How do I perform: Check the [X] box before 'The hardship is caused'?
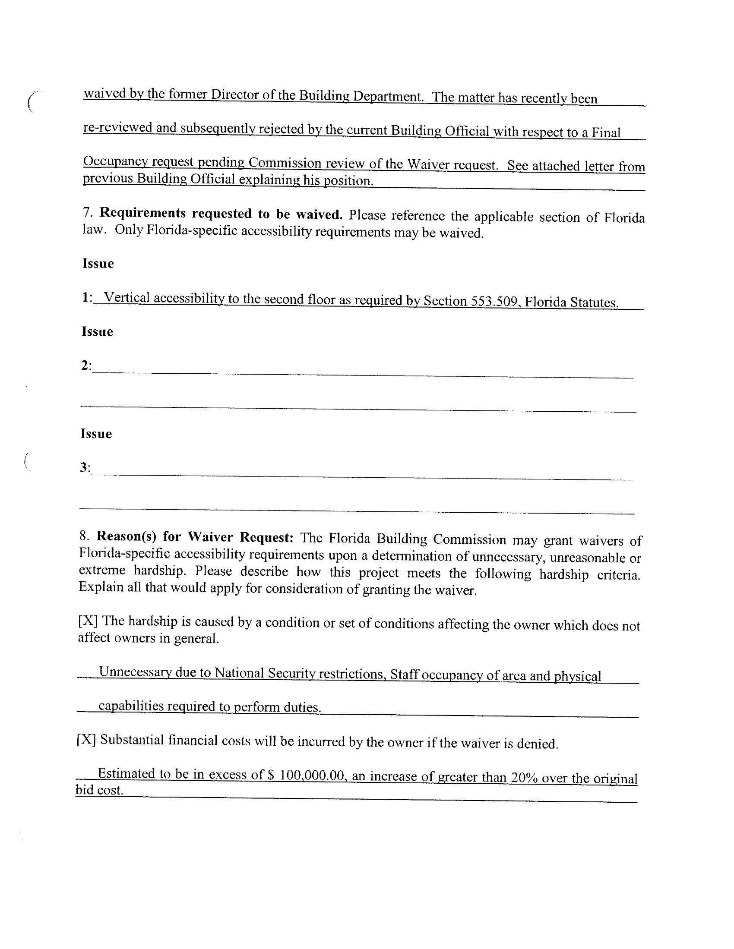click(88, 621)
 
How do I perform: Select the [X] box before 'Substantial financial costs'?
click(86, 740)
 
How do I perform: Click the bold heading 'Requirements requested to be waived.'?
click(221, 213)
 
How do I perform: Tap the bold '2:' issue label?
click(86, 366)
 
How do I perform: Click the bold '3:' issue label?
click(85, 467)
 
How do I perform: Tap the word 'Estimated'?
click(126, 773)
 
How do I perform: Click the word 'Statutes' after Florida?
click(594, 302)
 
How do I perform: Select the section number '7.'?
click(88, 212)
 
